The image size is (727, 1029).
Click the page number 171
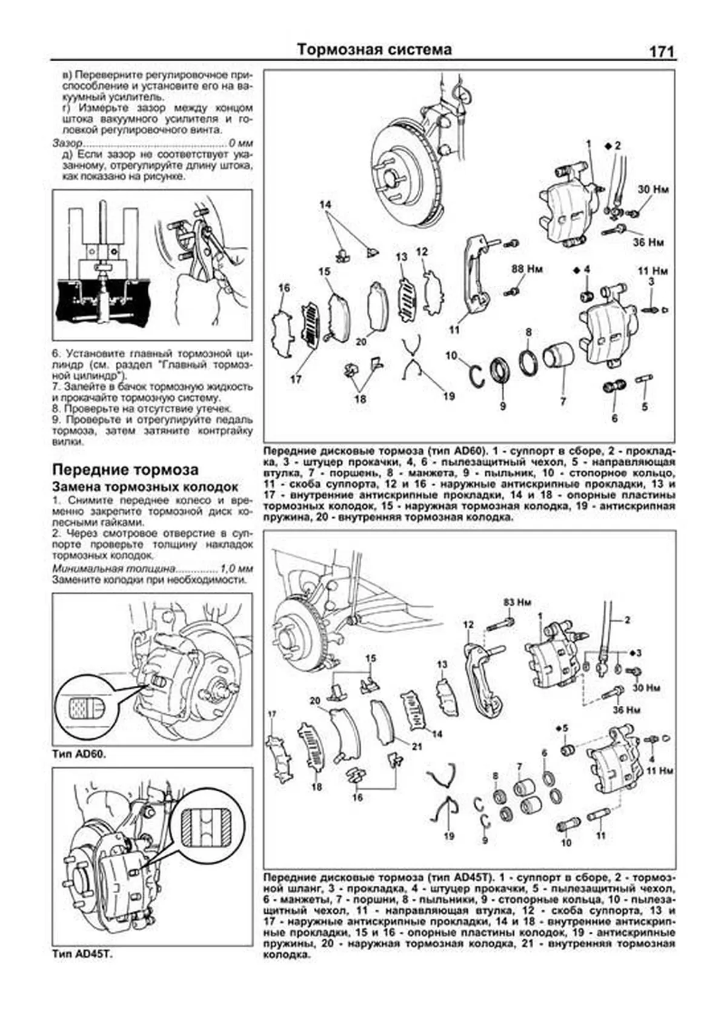pyautogui.click(x=662, y=52)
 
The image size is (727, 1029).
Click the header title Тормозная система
pyautogui.click(x=374, y=50)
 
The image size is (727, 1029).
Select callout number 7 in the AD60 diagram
pyautogui.click(x=562, y=401)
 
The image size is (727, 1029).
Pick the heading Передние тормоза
pyautogui.click(x=125, y=469)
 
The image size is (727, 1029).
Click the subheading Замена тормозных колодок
pyautogui.click(x=145, y=487)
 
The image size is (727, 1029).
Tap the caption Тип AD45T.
pyautogui.click(x=83, y=954)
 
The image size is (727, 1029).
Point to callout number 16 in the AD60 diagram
pyautogui.click(x=284, y=288)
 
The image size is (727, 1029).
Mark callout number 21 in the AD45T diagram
pyautogui.click(x=416, y=746)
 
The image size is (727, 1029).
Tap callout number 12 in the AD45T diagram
pyautogui.click(x=468, y=625)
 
